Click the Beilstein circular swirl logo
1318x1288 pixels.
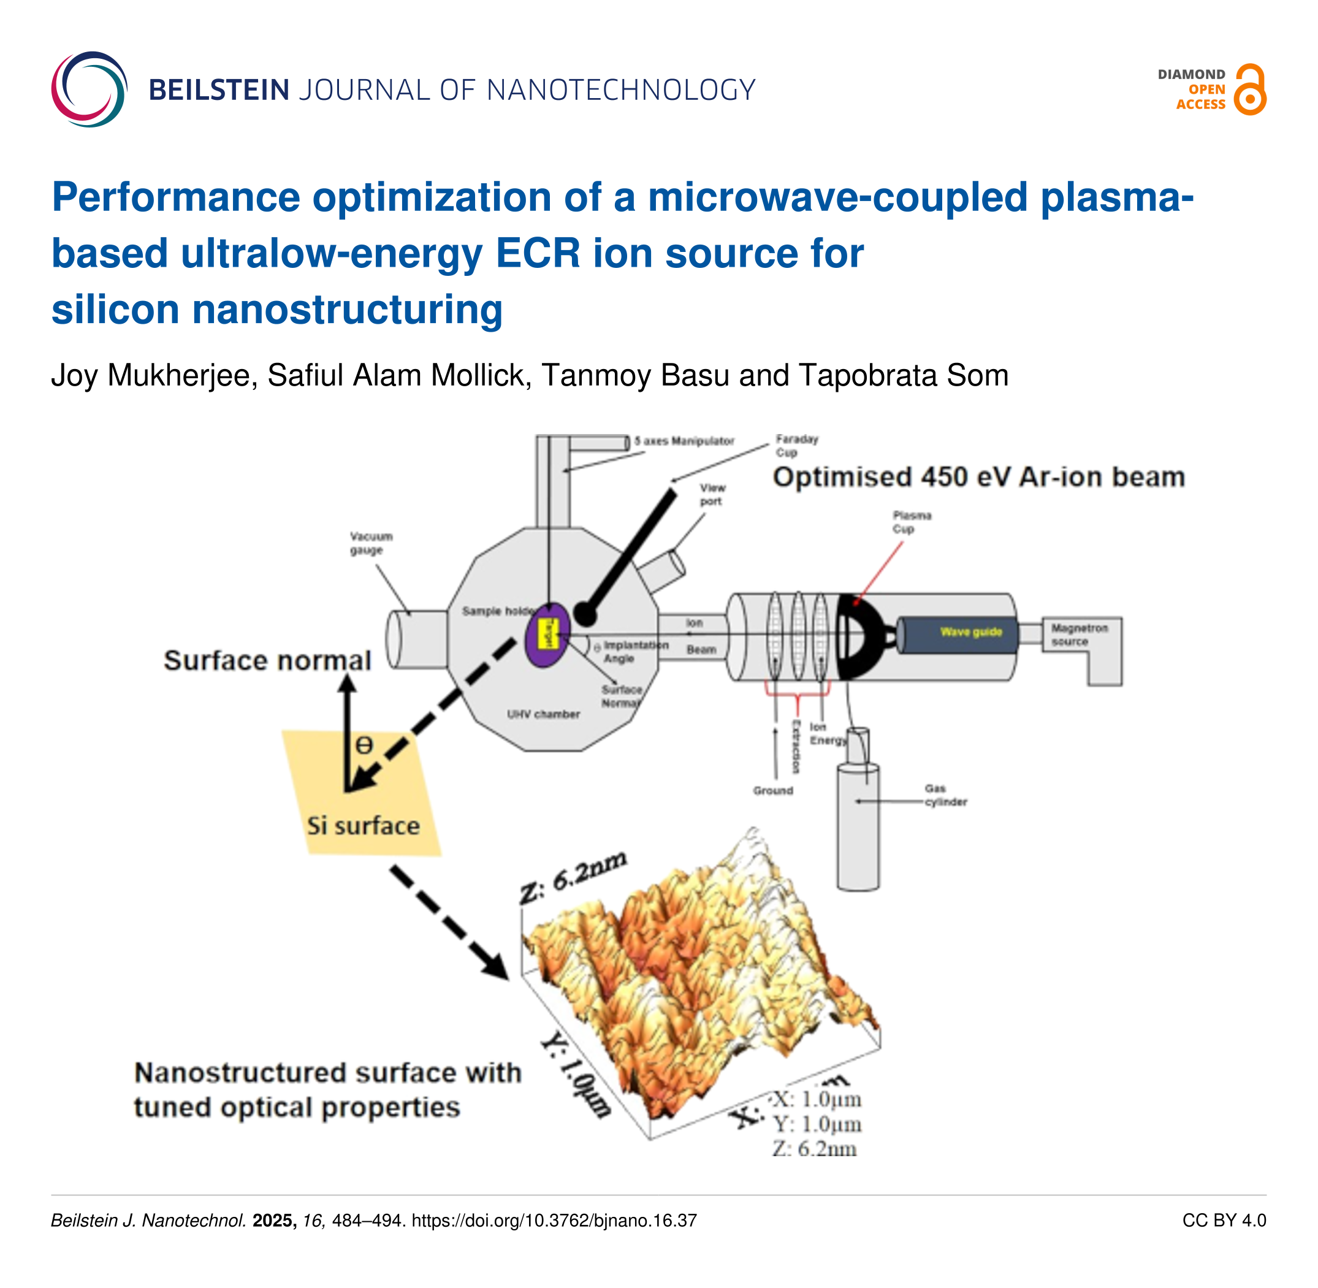(89, 89)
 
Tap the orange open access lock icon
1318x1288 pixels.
(1249, 90)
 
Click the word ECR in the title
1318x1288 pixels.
(537, 254)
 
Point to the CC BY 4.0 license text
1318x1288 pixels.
(1223, 1221)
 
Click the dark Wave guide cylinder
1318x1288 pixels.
(957, 633)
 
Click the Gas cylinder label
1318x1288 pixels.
(945, 795)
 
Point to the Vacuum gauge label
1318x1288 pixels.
(371, 543)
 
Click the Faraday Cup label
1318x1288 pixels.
(796, 446)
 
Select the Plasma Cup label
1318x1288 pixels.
(912, 522)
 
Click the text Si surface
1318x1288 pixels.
(363, 826)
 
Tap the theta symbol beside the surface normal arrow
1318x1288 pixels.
(364, 745)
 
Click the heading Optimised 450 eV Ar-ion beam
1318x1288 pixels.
(978, 478)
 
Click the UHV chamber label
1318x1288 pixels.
(543, 714)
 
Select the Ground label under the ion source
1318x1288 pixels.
(772, 790)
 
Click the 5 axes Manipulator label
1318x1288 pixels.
(684, 441)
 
